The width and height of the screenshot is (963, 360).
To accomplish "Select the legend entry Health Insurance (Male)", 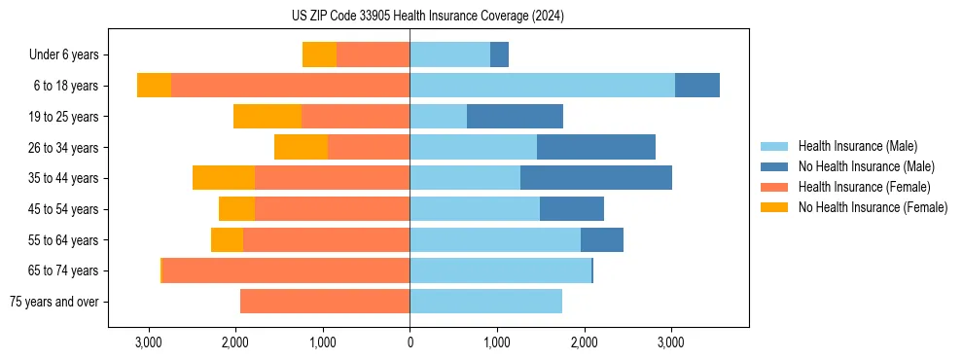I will pyautogui.click(x=857, y=146).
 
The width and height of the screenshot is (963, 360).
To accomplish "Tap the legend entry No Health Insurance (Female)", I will pyautogui.click(x=873, y=207).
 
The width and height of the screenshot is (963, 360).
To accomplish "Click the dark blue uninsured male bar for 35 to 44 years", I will pyautogui.click(x=596, y=178).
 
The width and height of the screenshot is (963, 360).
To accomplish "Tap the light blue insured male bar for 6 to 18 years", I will pyautogui.click(x=542, y=86).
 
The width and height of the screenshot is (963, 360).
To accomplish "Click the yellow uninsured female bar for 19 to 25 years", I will pyautogui.click(x=267, y=117).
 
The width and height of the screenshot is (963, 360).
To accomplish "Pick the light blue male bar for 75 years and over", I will pyautogui.click(x=485, y=302).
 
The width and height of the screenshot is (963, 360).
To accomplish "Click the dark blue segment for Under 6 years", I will pyautogui.click(x=499, y=55).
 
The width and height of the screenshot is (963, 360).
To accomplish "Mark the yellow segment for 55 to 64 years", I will pyautogui.click(x=227, y=239).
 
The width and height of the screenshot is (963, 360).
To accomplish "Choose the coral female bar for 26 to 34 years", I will pyautogui.click(x=369, y=147).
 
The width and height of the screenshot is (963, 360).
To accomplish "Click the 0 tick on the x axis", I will pyautogui.click(x=410, y=342).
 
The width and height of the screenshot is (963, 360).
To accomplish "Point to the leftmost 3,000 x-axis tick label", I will pyautogui.click(x=148, y=342).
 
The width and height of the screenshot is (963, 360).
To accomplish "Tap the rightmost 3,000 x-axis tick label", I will pyautogui.click(x=671, y=342).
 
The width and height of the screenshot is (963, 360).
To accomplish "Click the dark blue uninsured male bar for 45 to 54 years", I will pyautogui.click(x=572, y=209).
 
